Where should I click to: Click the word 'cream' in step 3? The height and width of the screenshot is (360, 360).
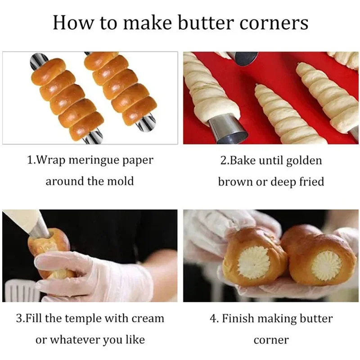point(148,319)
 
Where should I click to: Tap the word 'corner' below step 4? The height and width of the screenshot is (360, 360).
point(271,340)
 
